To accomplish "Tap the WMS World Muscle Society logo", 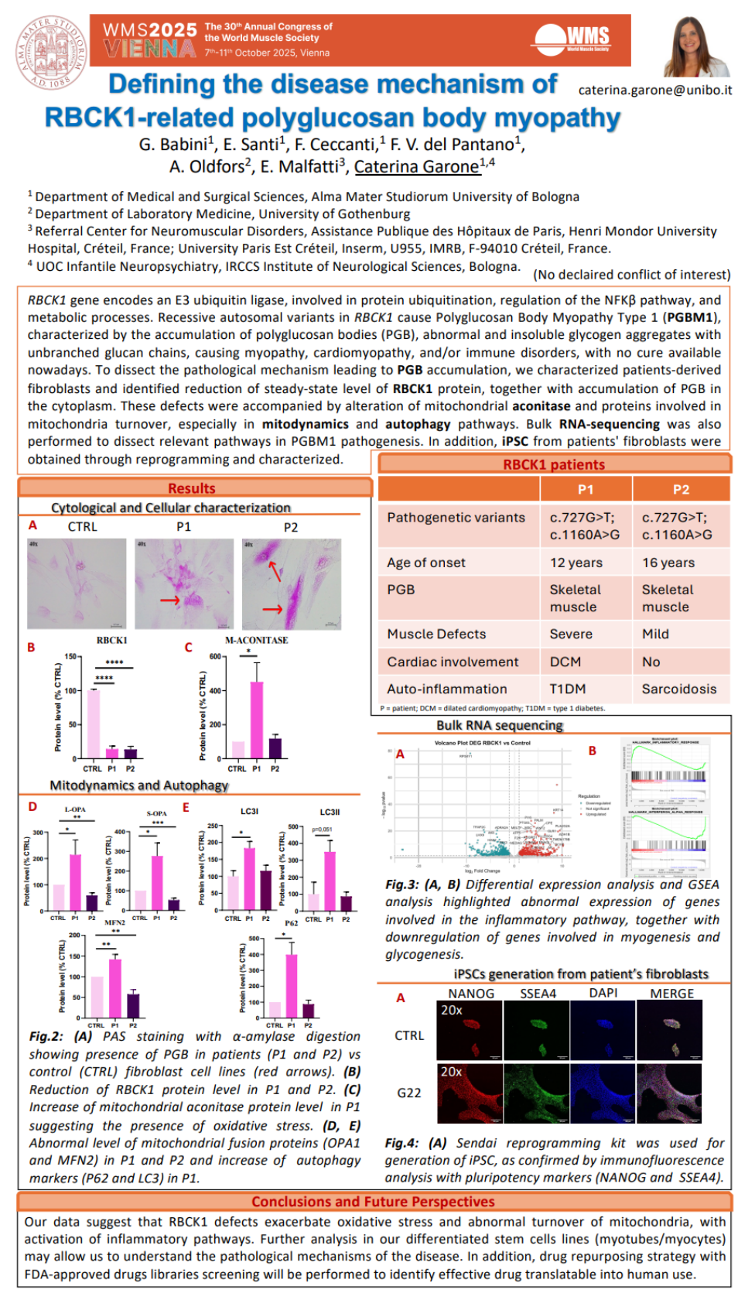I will coord(573,39).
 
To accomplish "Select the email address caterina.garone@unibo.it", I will coord(654,90).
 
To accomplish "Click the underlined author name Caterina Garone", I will coord(416,166).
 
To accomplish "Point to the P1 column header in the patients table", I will coord(586,489).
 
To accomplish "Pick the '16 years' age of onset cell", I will coord(668,563).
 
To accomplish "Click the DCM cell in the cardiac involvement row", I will coord(565,662).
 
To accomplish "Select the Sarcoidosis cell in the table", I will coord(678,689).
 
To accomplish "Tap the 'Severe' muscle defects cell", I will coord(571,634).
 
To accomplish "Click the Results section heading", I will coord(192,488).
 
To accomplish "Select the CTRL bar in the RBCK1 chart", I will coord(93,724).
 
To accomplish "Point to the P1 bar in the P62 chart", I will coord(292,978).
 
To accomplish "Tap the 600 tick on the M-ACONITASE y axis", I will coord(214,657).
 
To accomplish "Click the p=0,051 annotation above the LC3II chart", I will coord(322,830).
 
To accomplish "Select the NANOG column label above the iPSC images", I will coord(471,993).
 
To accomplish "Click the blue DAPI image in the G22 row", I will coord(603,1093).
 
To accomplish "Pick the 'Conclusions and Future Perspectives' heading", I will coord(373,1202).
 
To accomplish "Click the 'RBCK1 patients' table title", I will coord(554,464).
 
